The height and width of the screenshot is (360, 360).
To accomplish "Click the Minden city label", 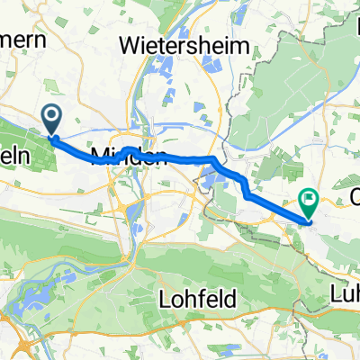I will tap(128, 157).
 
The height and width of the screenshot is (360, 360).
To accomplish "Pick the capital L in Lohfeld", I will tap(164, 298).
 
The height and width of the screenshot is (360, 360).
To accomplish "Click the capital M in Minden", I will tap(101, 157).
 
